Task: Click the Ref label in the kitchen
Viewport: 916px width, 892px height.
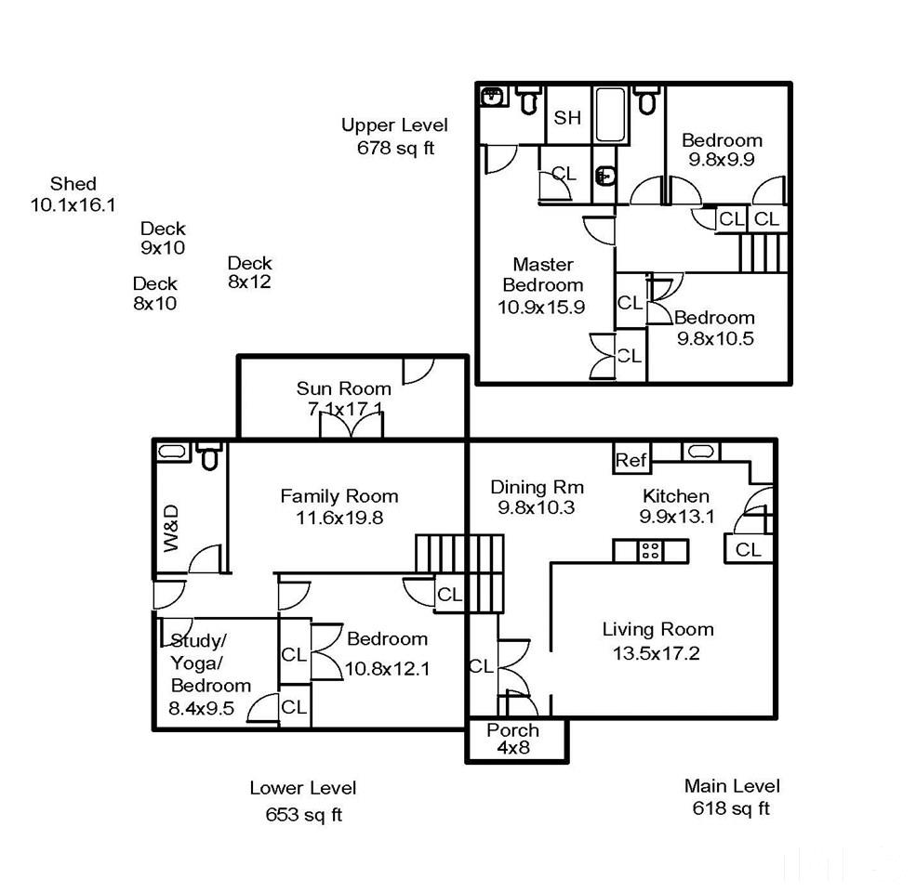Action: point(631,460)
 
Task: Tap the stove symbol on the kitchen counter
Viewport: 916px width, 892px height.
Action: point(650,550)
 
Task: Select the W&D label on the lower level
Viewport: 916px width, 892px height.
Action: point(170,528)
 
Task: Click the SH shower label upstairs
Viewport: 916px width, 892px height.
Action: point(567,117)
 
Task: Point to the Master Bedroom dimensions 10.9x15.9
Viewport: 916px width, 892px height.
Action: point(541,307)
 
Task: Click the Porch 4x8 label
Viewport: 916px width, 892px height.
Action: point(513,739)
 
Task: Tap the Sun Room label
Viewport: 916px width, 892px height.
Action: point(343,388)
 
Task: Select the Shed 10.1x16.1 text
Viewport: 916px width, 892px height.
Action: point(73,194)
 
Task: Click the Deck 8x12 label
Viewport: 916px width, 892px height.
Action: point(249,272)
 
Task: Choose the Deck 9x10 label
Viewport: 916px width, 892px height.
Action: point(163,238)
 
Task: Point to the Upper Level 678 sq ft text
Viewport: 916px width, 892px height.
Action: point(395,136)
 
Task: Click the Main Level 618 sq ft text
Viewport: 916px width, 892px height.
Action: point(731,797)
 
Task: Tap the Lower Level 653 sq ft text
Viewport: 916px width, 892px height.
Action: point(303,801)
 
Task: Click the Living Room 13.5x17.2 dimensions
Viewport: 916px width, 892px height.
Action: point(656,652)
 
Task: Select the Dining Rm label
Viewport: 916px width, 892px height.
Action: point(537,487)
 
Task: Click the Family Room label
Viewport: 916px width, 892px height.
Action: point(339,496)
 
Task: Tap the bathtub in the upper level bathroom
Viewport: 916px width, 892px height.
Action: point(610,115)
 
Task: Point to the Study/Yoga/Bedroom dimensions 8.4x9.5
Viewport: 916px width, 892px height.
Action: point(202,708)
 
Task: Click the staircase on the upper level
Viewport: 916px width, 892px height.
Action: point(763,253)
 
